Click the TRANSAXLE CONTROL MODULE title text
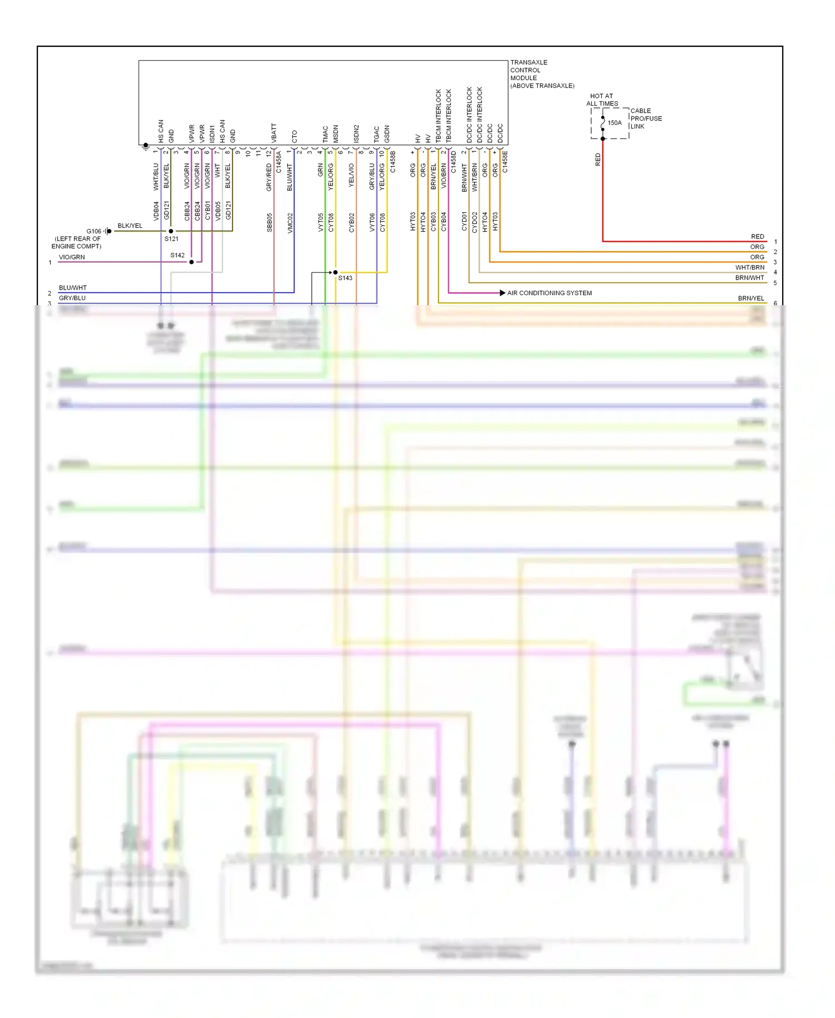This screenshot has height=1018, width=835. pyautogui.click(x=542, y=74)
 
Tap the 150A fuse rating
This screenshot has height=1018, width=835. pyautogui.click(x=615, y=123)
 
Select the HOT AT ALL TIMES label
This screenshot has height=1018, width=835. pyautogui.click(x=602, y=100)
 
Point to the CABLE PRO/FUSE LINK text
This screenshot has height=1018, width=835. pyautogui.click(x=646, y=119)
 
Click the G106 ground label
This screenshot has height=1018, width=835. pyautogui.click(x=94, y=231)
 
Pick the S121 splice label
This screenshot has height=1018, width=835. pyautogui.click(x=171, y=239)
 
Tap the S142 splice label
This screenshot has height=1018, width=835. pyautogui.click(x=178, y=255)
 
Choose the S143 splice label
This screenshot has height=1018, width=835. pyautogui.click(x=345, y=278)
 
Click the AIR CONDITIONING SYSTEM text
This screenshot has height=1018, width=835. pyautogui.click(x=549, y=293)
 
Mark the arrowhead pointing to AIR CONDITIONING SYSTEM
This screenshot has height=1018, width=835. pyautogui.click(x=502, y=293)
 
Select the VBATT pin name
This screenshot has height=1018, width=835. pyautogui.click(x=274, y=133)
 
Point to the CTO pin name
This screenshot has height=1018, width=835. pyautogui.click(x=294, y=136)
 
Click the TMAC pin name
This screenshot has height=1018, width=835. pyautogui.click(x=326, y=134)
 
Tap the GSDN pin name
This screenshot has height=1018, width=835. pyautogui.click(x=387, y=134)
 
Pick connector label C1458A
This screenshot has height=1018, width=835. pyautogui.click(x=279, y=161)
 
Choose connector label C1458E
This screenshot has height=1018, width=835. pyautogui.click(x=505, y=161)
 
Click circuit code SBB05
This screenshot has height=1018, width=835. pyautogui.click(x=269, y=222)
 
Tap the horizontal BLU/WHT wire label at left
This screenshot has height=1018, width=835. pyautogui.click(x=73, y=288)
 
